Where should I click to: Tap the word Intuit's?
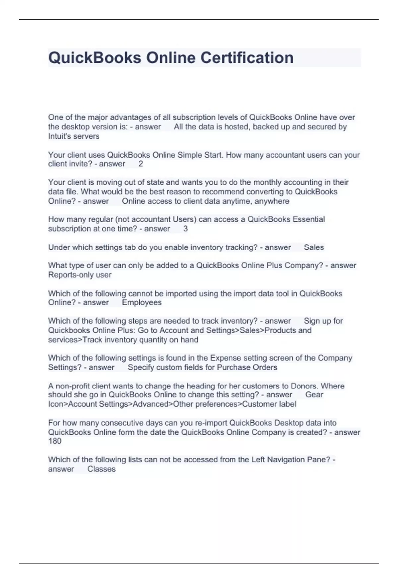[x=60, y=136]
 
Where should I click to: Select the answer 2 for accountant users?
[x=141, y=164]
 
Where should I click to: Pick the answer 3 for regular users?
[x=185, y=229]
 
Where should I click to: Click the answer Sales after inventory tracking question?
[x=314, y=247]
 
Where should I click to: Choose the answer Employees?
[x=142, y=302]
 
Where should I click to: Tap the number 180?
[x=55, y=441]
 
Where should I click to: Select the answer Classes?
[x=101, y=469]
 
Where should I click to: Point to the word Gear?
[x=314, y=395]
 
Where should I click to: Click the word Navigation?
[x=287, y=459]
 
